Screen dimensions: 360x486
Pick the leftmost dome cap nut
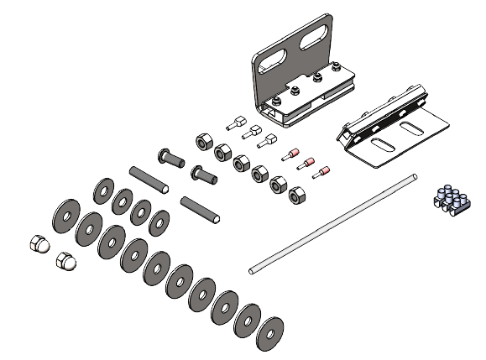click(x=40, y=243)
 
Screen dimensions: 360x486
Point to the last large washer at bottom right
click(x=270, y=330)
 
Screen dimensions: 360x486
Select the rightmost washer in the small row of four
click(x=159, y=222)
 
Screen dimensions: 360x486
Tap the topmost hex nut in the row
click(x=202, y=139)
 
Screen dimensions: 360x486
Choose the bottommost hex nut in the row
click(x=296, y=196)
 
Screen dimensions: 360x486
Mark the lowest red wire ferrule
click(x=320, y=175)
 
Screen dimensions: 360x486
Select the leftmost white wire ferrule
click(x=234, y=123)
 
